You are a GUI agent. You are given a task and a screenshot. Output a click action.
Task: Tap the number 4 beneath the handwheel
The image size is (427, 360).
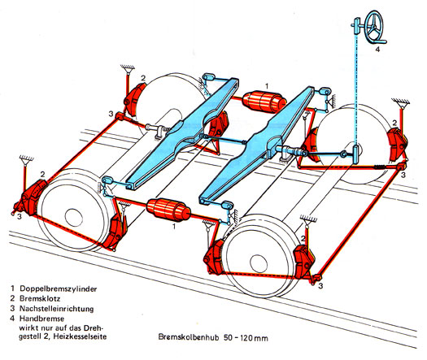click(x=377, y=50)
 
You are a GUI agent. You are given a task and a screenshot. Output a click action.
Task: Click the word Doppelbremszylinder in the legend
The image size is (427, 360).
click(x=59, y=288)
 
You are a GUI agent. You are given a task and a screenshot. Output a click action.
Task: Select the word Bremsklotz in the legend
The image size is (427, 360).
click(x=40, y=298)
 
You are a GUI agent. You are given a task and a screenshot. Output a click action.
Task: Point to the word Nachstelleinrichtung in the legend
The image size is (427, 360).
click(x=57, y=309)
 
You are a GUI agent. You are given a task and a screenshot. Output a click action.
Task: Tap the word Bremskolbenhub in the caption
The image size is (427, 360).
click(x=189, y=337)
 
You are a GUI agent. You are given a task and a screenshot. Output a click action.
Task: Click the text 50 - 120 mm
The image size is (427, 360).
click(x=246, y=338)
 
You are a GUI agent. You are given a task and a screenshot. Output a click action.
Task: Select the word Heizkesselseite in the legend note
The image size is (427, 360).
click(x=80, y=336)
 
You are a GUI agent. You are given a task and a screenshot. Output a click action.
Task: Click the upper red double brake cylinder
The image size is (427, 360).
click(x=264, y=102)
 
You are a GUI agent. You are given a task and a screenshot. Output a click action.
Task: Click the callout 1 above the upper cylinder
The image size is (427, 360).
click(x=267, y=86)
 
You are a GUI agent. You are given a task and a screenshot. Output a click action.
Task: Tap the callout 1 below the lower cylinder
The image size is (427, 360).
click(x=174, y=226)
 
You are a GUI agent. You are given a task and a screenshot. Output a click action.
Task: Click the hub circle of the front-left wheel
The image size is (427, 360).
click(x=74, y=218)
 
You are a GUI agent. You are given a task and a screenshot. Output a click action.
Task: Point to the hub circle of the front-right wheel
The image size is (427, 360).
click(x=259, y=263)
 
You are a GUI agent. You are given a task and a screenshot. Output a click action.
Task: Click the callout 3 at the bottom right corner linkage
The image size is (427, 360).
click(x=320, y=286)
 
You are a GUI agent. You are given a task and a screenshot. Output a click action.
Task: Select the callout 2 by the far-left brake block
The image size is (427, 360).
click(x=42, y=174)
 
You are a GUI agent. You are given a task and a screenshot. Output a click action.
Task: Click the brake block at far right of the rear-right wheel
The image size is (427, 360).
click(x=397, y=145)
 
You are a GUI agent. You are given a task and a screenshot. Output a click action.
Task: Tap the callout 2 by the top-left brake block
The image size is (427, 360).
click(x=143, y=78)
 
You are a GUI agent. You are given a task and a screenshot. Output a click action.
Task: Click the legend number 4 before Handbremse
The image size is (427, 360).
click(x=12, y=319)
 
